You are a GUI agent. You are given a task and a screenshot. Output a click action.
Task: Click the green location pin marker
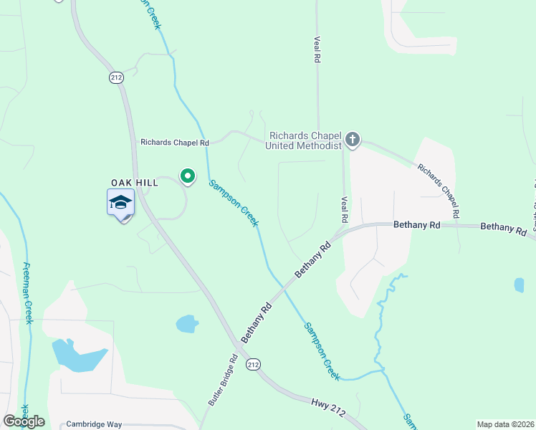click(188, 176)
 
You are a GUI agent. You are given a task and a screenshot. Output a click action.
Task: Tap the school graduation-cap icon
click(121, 204)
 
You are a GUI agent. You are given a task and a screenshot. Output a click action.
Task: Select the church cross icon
click(352, 140)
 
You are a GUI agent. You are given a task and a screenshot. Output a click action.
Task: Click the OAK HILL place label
click(134, 183)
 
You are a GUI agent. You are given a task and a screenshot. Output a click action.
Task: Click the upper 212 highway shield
click(117, 77)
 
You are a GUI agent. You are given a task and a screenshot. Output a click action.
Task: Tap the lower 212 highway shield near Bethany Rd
click(253, 365)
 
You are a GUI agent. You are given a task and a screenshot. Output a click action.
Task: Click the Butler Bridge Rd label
click(223, 381)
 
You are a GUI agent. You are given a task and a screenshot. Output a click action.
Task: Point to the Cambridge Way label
click(94, 424)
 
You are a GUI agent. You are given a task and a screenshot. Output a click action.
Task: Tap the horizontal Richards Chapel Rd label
click(174, 143)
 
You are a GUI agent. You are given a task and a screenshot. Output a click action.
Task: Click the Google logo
click(24, 421)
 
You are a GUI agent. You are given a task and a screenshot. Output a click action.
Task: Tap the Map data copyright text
click(504, 424)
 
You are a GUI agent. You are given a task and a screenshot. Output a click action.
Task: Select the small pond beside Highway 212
click(187, 324)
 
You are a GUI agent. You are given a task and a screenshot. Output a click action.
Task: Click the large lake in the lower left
click(76, 355)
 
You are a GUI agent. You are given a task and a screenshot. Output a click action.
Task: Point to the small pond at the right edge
click(519, 285)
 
